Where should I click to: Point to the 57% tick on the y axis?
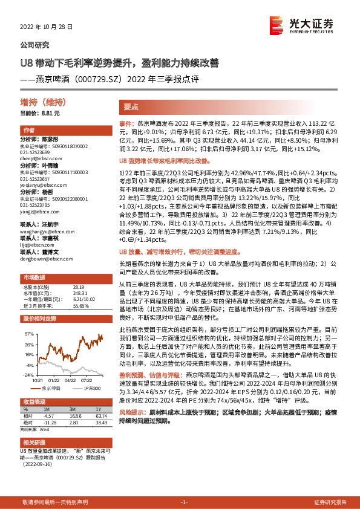pos(28,333)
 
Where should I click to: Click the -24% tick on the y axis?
pos(28,375)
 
